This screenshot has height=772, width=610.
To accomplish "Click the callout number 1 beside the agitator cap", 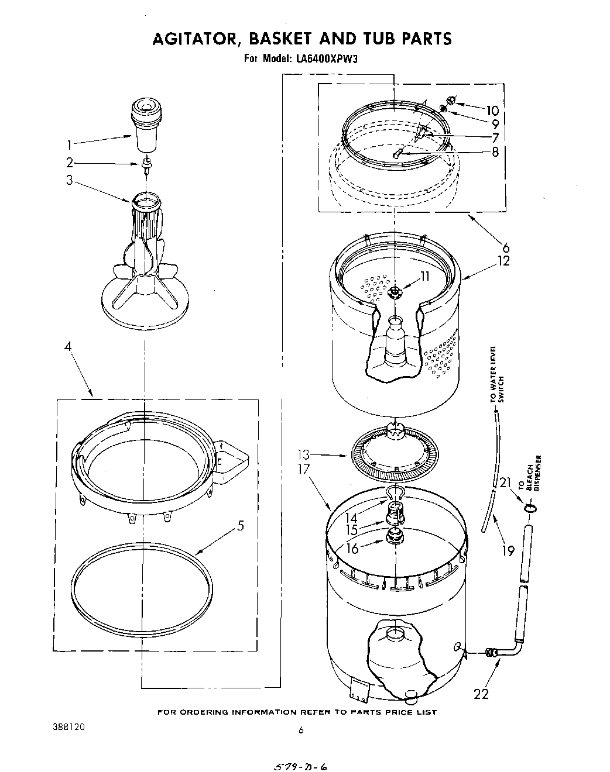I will tap(69, 143).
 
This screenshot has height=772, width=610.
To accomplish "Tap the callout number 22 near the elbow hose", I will tap(481, 694).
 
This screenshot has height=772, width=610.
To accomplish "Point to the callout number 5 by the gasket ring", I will tap(240, 526).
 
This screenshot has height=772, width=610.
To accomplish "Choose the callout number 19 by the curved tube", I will tap(508, 550).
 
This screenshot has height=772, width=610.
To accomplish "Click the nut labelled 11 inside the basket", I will tap(396, 291).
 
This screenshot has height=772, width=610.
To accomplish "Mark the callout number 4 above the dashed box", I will tap(68, 346).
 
